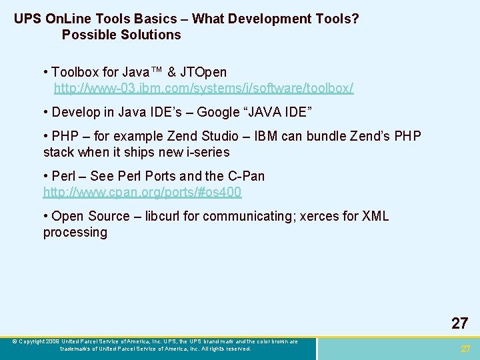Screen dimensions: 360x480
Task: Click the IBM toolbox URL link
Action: pyautogui.click(x=203, y=88)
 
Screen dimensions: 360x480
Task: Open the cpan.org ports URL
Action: pyautogui.click(x=142, y=192)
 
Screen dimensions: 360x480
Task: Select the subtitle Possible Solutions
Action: pyautogui.click(x=121, y=35)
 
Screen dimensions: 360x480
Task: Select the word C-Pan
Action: pyautogui.click(x=245, y=176)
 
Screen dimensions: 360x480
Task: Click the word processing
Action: pyautogui.click(x=75, y=232)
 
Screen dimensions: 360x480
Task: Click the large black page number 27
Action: pyautogui.click(x=459, y=323)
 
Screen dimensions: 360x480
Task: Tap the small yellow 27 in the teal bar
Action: pyautogui.click(x=466, y=349)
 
